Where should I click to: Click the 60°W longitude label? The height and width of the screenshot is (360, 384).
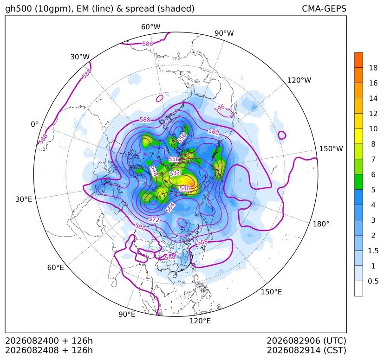150,27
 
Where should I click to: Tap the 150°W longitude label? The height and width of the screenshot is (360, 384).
331,149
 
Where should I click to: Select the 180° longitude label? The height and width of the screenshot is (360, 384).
321,224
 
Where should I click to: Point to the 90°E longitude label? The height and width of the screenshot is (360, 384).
127,314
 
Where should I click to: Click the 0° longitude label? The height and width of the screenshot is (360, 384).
34,124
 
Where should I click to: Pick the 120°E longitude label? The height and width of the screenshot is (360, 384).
200,321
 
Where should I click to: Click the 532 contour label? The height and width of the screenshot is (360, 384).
175,173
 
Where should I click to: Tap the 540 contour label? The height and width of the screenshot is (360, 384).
185,188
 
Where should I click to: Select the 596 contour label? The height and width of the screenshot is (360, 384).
220,108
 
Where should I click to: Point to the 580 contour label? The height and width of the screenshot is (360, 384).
214,132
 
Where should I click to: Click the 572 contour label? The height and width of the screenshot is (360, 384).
154,219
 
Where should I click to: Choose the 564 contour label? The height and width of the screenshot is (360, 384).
170,207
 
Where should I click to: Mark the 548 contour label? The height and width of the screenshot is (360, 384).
154,171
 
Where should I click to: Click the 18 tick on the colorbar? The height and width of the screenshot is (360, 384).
373,68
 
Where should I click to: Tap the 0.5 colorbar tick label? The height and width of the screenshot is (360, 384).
373,281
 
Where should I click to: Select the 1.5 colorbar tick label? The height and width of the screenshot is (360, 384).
373,251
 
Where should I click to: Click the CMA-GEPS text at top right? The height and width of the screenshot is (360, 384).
324,8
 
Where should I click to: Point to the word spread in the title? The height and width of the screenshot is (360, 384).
139,9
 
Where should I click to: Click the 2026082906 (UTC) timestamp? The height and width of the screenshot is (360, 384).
306,341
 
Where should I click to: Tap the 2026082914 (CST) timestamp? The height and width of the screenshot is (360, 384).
306,350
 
